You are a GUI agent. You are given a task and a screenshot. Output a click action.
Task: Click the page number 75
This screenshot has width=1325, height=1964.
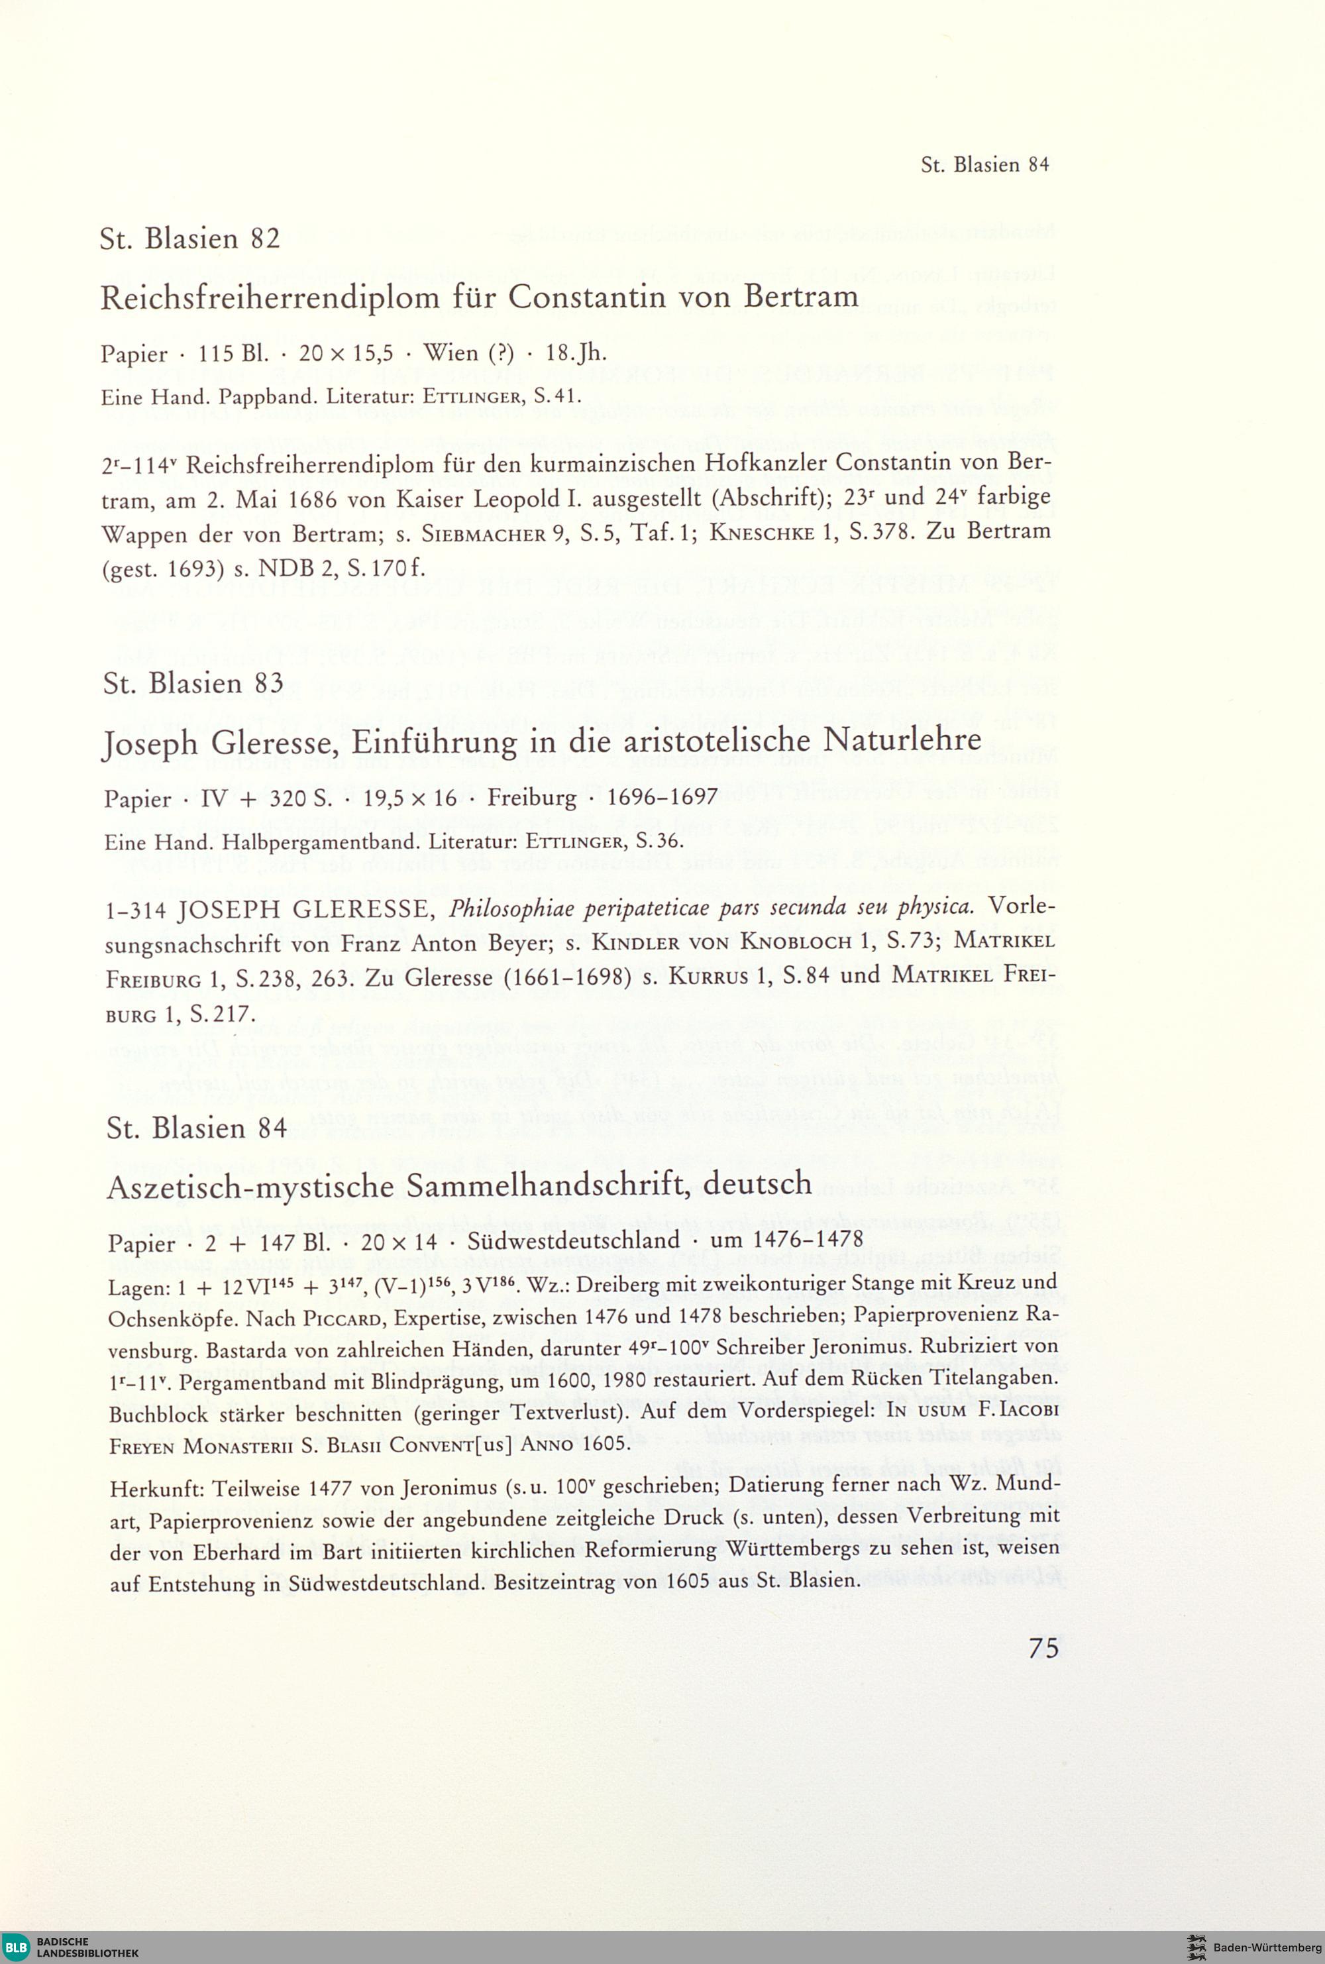[x=1043, y=1648]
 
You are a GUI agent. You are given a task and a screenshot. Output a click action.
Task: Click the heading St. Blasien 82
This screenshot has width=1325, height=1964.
[x=190, y=239]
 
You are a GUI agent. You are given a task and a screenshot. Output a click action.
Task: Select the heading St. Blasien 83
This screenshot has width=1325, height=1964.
[x=193, y=683]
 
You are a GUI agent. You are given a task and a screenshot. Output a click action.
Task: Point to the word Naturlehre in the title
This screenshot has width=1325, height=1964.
[x=902, y=741]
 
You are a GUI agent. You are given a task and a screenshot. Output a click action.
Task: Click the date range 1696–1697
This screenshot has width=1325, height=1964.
[x=662, y=797]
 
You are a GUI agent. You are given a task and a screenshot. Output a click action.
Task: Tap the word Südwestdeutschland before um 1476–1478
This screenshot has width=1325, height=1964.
[x=573, y=1240]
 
